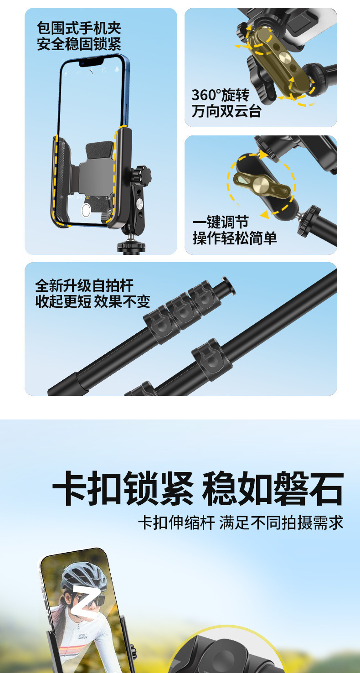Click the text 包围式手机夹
tap(79, 28)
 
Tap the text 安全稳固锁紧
tap(79, 44)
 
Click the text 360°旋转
tap(221, 95)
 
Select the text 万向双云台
tap(226, 111)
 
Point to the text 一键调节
tap(221, 222)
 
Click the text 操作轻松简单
tap(235, 238)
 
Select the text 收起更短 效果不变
tap(93, 301)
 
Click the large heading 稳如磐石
tap(273, 489)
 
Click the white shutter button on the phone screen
tap(86, 210)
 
